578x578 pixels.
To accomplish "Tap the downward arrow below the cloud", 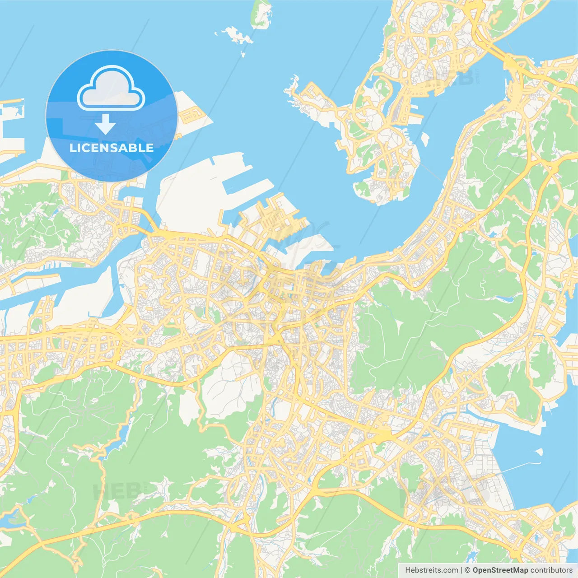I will point(105,124).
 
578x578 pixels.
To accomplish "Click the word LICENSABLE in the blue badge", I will point(111,148).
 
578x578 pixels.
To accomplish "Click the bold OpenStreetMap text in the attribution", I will point(500,570).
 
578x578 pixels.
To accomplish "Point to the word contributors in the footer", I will point(551,570).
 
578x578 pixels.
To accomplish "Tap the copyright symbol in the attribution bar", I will point(468,570).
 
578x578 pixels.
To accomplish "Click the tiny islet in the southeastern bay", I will point(538,451).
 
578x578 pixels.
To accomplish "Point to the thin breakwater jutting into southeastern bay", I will point(519,467).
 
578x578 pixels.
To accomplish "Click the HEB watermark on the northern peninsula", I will point(452,78).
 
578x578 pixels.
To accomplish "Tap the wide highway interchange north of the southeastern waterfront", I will point(383,434).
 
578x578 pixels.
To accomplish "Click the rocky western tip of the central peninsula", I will point(291,87).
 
